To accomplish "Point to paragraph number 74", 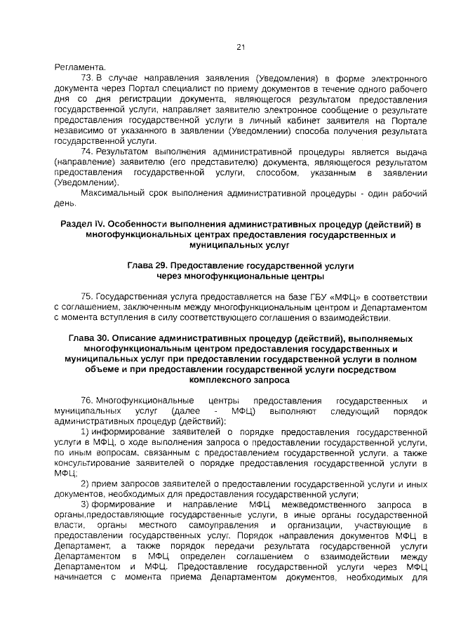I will (x=87, y=151).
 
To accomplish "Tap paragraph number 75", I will (x=87, y=296).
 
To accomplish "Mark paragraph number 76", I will (x=87, y=399).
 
